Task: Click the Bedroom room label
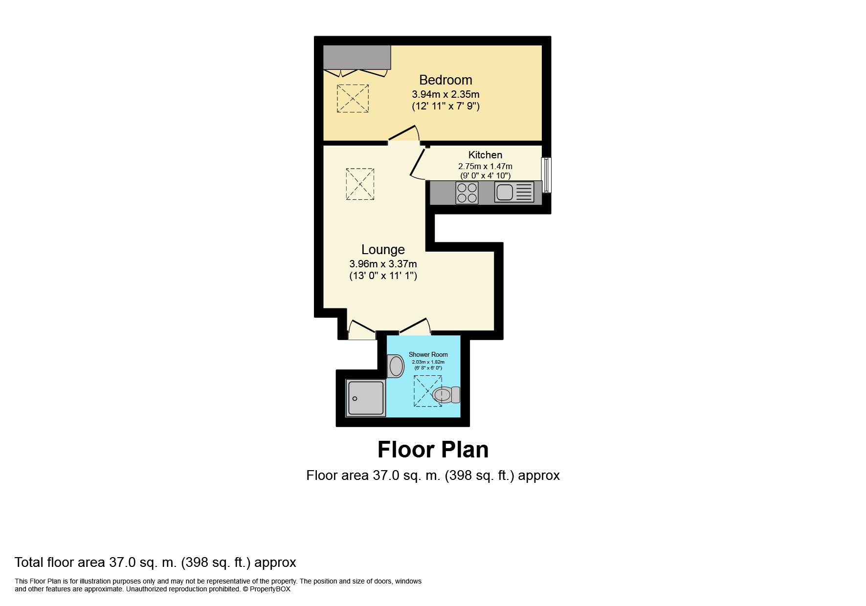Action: pyautogui.click(x=445, y=80)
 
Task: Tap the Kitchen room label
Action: pyautogui.click(x=485, y=155)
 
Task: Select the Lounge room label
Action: pyautogui.click(x=383, y=250)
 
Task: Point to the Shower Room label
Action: pyautogui.click(x=428, y=355)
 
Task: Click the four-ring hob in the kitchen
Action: pyautogui.click(x=467, y=192)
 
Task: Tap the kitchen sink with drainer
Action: pyautogui.click(x=514, y=192)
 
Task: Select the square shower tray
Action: pyautogui.click(x=365, y=398)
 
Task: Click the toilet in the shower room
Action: pyautogui.click(x=446, y=394)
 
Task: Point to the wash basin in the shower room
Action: pyautogui.click(x=396, y=366)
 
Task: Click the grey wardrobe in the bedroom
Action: pyautogui.click(x=357, y=58)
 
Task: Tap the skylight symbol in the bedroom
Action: pyautogui.click(x=353, y=98)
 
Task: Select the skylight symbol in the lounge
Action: pyautogui.click(x=360, y=184)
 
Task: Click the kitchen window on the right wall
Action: pyautogui.click(x=547, y=175)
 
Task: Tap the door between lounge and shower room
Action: pyautogui.click(x=414, y=326)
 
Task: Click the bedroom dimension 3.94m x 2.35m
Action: pyautogui.click(x=445, y=94)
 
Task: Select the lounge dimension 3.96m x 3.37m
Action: pyautogui.click(x=383, y=264)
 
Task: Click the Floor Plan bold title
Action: pyautogui.click(x=433, y=450)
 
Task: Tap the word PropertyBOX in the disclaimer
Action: pyautogui.click(x=270, y=589)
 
